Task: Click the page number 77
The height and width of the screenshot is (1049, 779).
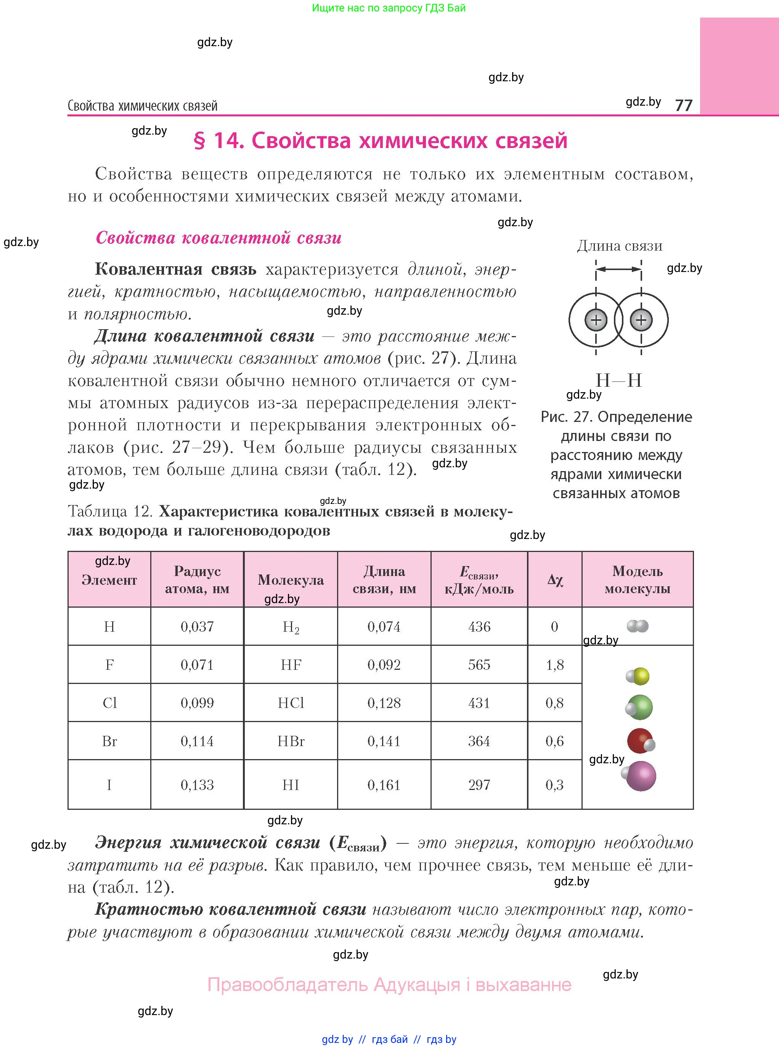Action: click(683, 105)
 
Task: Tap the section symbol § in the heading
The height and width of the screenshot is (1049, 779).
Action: click(199, 141)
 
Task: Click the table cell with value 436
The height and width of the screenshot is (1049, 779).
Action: click(479, 627)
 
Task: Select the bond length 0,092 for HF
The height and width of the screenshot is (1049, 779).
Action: click(384, 665)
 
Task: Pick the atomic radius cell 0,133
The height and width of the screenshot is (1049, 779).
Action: click(197, 785)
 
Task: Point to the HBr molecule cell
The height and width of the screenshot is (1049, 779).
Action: click(291, 742)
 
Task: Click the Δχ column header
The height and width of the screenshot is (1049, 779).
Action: click(555, 580)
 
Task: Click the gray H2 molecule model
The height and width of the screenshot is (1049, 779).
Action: click(638, 626)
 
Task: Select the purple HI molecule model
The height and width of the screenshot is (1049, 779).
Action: click(639, 776)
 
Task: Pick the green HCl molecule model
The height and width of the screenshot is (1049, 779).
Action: click(639, 708)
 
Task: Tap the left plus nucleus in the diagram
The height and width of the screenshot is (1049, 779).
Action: click(596, 320)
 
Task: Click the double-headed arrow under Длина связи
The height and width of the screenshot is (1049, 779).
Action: click(619, 269)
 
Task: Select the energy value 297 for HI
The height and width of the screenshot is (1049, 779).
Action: click(479, 785)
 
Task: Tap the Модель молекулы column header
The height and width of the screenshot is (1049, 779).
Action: click(638, 580)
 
